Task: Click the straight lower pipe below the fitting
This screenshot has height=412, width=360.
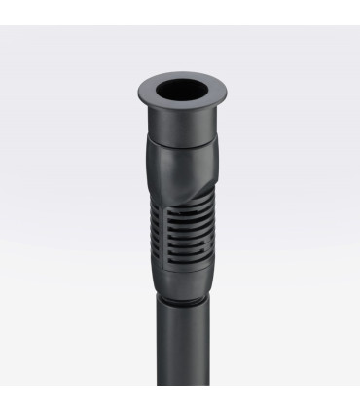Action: point(182,351)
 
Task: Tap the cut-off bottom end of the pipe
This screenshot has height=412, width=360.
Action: point(182,384)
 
